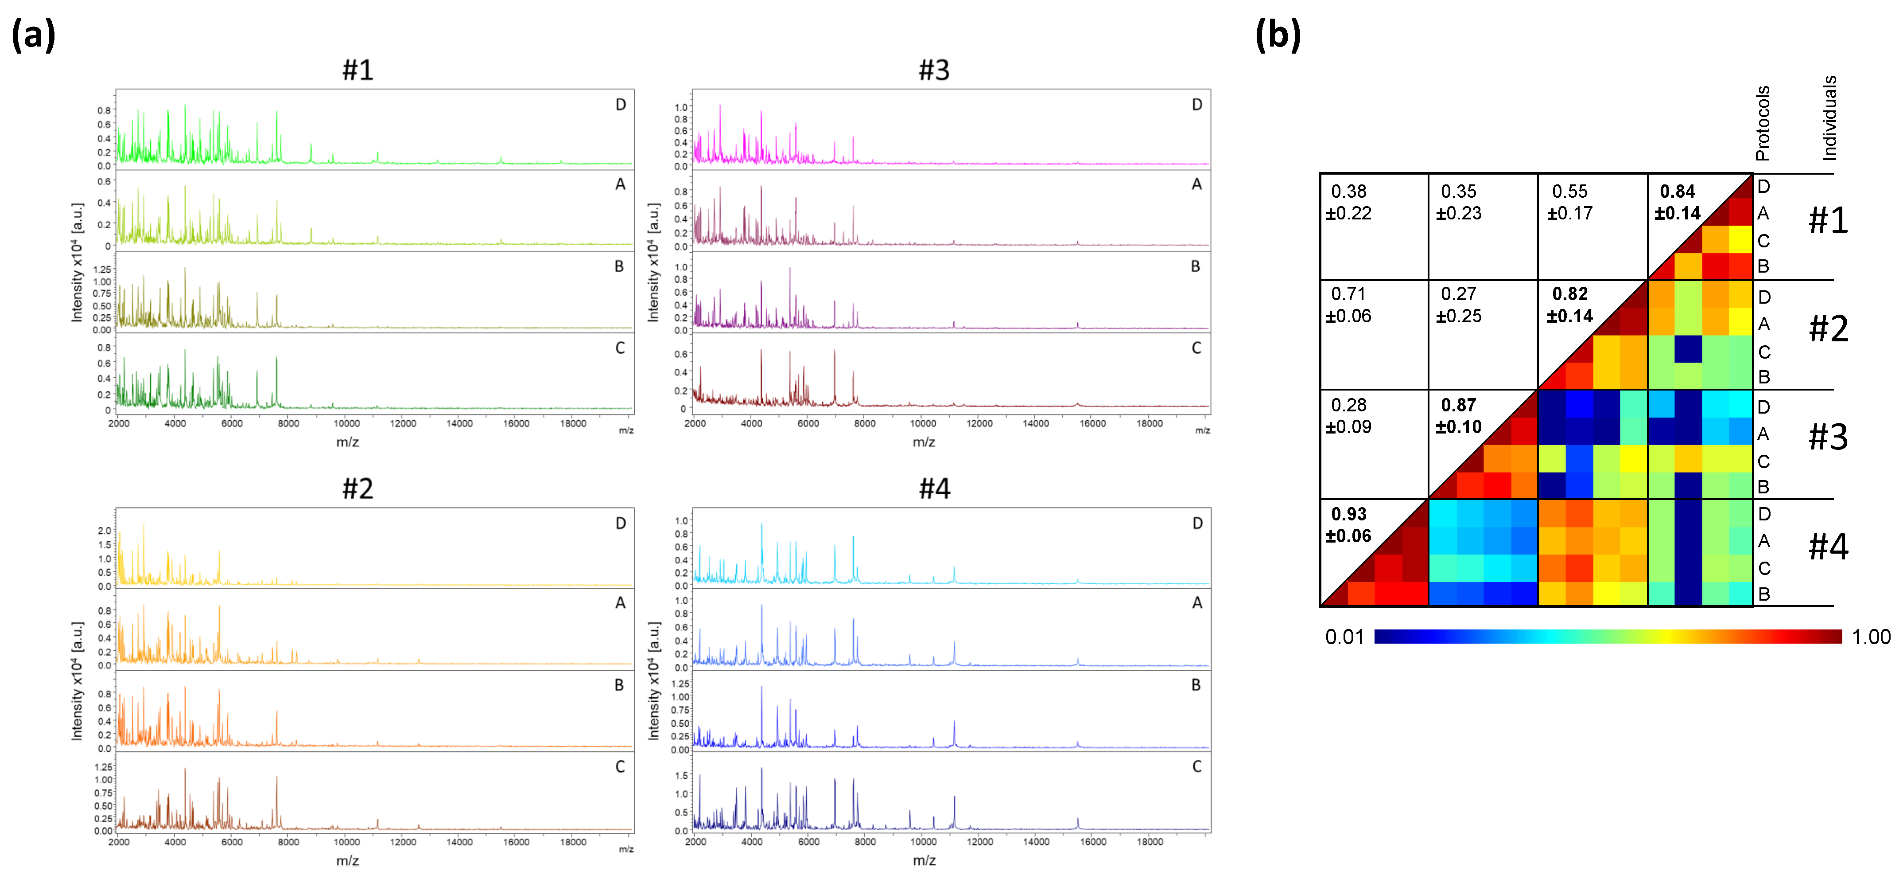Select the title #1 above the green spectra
tap(357, 70)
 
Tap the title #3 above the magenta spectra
tap(934, 70)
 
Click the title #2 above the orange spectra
tap(357, 488)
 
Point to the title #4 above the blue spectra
tap(934, 488)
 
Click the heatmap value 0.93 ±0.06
tap(1348, 525)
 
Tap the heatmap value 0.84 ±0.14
tap(1677, 203)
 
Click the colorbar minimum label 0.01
tap(1344, 637)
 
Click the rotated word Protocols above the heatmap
tap(1763, 123)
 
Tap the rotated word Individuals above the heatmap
tap(1829, 118)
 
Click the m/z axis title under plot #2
tap(347, 860)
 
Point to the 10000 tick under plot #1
tap(346, 423)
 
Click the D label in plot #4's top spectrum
tap(1197, 524)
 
